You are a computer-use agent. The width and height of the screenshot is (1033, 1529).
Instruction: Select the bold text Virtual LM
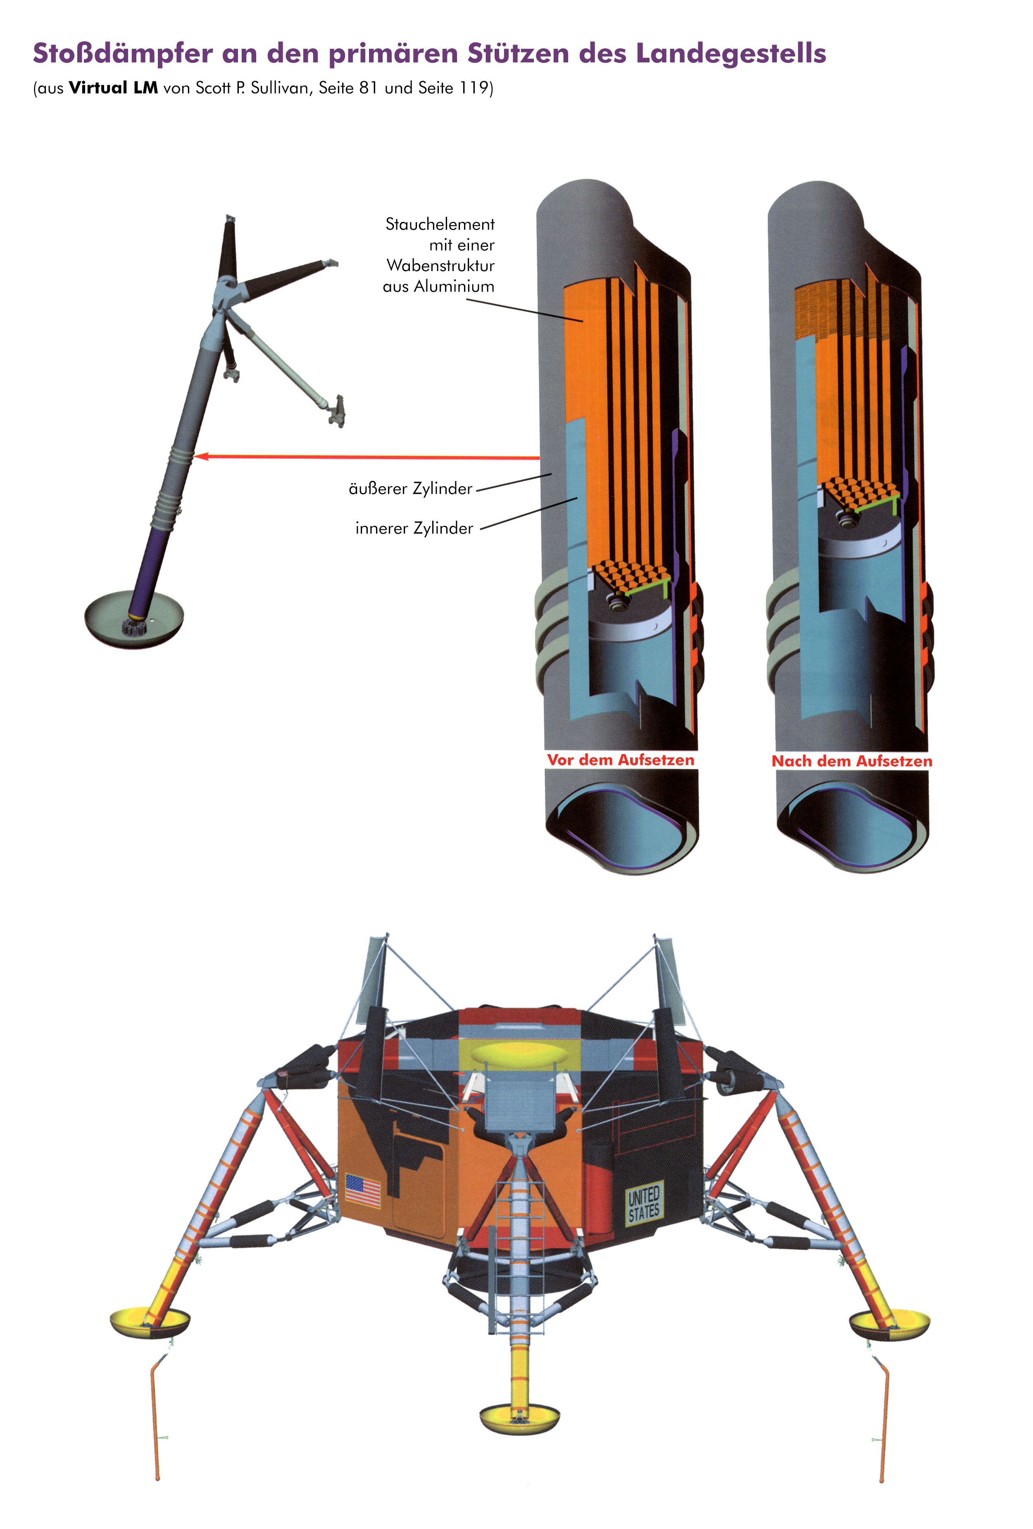pos(113,88)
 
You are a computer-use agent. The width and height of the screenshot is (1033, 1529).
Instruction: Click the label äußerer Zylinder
pos(411,488)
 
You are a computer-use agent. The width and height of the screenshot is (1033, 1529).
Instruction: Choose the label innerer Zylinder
pos(414,528)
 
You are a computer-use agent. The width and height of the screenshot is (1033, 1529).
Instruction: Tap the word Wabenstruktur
pos(440,265)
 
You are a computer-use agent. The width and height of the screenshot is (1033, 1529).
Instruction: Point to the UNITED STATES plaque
pos(643,1204)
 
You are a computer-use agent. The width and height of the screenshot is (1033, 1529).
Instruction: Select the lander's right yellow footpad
pos(890,1324)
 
